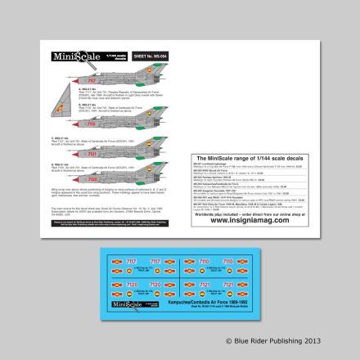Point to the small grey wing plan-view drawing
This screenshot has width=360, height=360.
click(x=60, y=117)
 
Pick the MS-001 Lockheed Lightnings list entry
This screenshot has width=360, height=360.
click(x=208, y=163)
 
